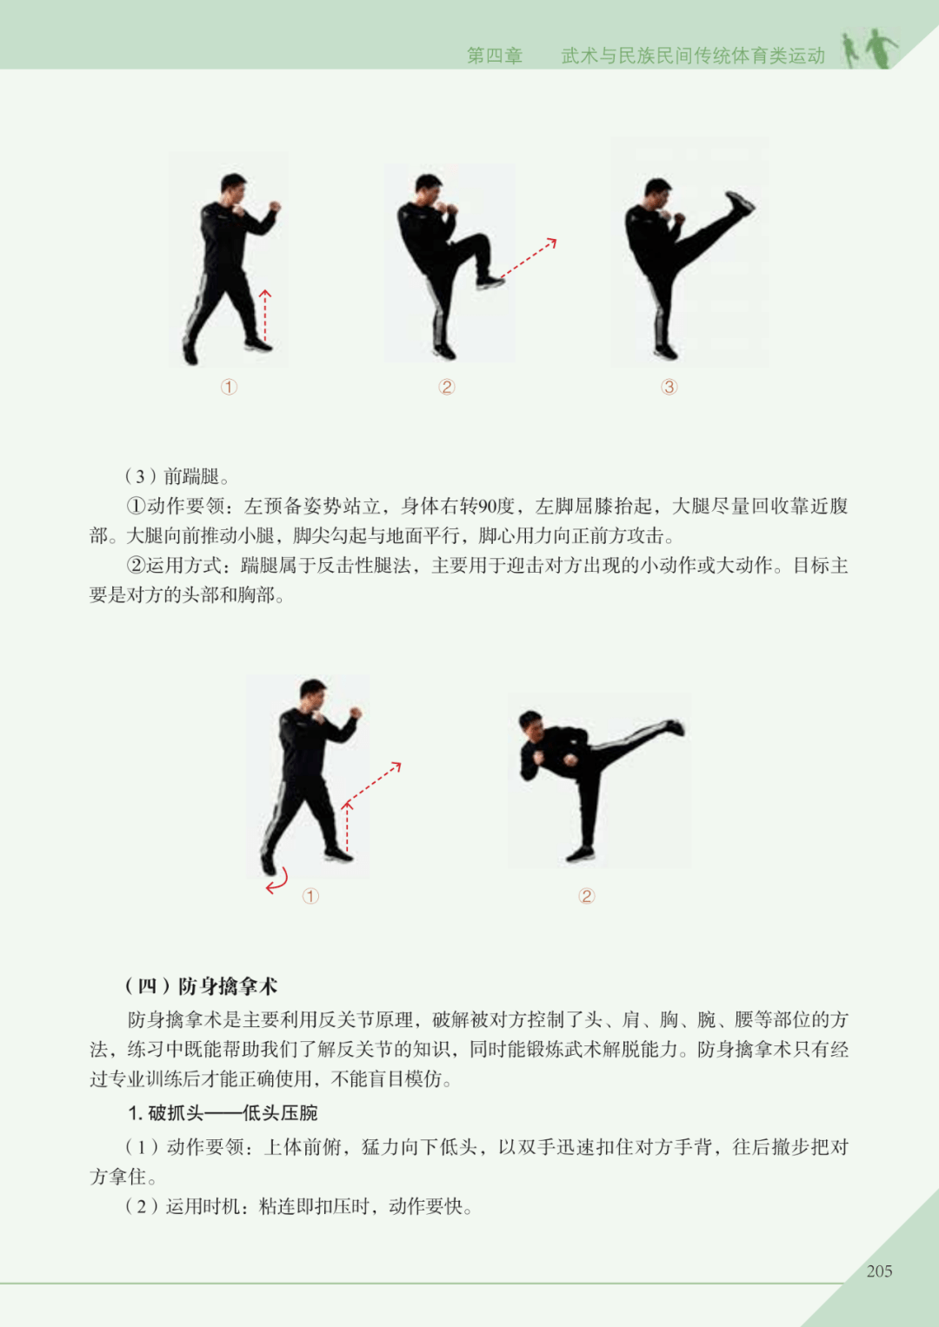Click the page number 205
click(x=879, y=1271)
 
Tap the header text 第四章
click(x=495, y=56)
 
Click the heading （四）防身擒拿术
click(x=200, y=985)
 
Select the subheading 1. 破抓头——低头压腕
click(x=223, y=1113)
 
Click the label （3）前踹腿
click(x=176, y=475)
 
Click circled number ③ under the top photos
click(x=669, y=387)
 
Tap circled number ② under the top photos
click(x=446, y=387)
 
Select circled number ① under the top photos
click(x=229, y=387)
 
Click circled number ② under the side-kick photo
click(x=586, y=896)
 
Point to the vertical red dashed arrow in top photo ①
click(x=265, y=315)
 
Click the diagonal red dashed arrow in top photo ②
click(x=529, y=258)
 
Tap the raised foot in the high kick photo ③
click(x=740, y=202)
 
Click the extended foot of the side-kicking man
click(x=676, y=727)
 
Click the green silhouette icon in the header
click(x=870, y=49)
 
